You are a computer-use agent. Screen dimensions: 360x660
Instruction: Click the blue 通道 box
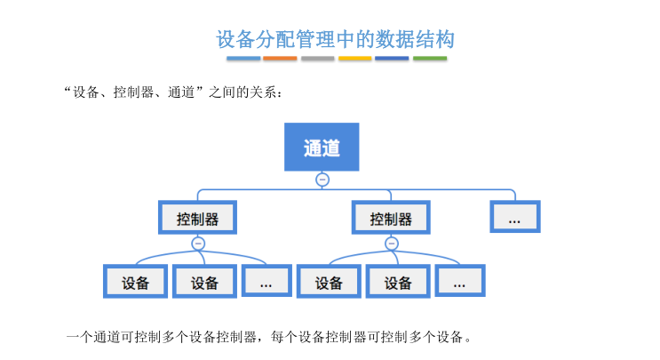click(322, 147)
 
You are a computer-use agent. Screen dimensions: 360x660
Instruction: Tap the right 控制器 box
click(391, 218)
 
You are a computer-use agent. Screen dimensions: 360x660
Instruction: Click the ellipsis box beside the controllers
click(514, 218)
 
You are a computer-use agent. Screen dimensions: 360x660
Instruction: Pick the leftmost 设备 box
click(135, 283)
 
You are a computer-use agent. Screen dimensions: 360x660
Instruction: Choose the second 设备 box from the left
click(204, 283)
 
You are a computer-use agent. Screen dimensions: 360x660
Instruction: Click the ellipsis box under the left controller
click(266, 283)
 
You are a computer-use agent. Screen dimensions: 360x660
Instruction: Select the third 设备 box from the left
click(329, 283)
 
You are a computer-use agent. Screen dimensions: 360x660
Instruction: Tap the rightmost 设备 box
click(398, 283)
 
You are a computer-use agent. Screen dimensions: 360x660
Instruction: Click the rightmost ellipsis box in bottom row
click(459, 283)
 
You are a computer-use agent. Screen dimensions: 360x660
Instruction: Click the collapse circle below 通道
click(322, 180)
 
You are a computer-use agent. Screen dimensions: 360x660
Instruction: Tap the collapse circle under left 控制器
click(198, 244)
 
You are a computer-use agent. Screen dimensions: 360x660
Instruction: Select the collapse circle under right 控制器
click(392, 244)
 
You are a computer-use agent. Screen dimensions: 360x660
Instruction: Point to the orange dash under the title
click(281, 59)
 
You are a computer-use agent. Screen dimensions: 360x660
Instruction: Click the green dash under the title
click(430, 59)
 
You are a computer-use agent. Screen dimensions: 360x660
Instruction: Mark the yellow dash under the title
click(355, 59)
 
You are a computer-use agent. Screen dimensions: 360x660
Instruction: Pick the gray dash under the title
click(318, 59)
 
